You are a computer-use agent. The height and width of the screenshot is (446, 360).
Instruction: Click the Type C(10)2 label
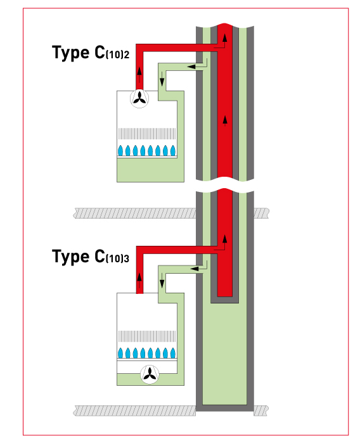coord(91,53)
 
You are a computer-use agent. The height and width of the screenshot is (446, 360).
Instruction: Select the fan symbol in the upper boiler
coord(139,98)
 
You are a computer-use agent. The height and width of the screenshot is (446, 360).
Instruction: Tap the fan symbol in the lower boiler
coord(150,375)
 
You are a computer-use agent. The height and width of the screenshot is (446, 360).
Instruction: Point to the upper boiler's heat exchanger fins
coord(146,134)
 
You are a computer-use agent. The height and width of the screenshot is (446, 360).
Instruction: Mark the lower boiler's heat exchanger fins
coord(146,336)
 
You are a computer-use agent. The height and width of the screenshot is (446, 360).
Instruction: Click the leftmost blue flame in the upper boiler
coord(120,151)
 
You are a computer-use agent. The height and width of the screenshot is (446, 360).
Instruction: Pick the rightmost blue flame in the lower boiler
coord(172,353)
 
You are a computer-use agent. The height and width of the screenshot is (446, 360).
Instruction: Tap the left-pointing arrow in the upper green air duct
coord(192,65)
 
